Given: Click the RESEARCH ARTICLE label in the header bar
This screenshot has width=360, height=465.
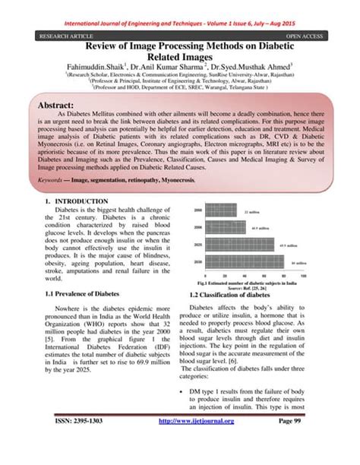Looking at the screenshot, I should point(55,34).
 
